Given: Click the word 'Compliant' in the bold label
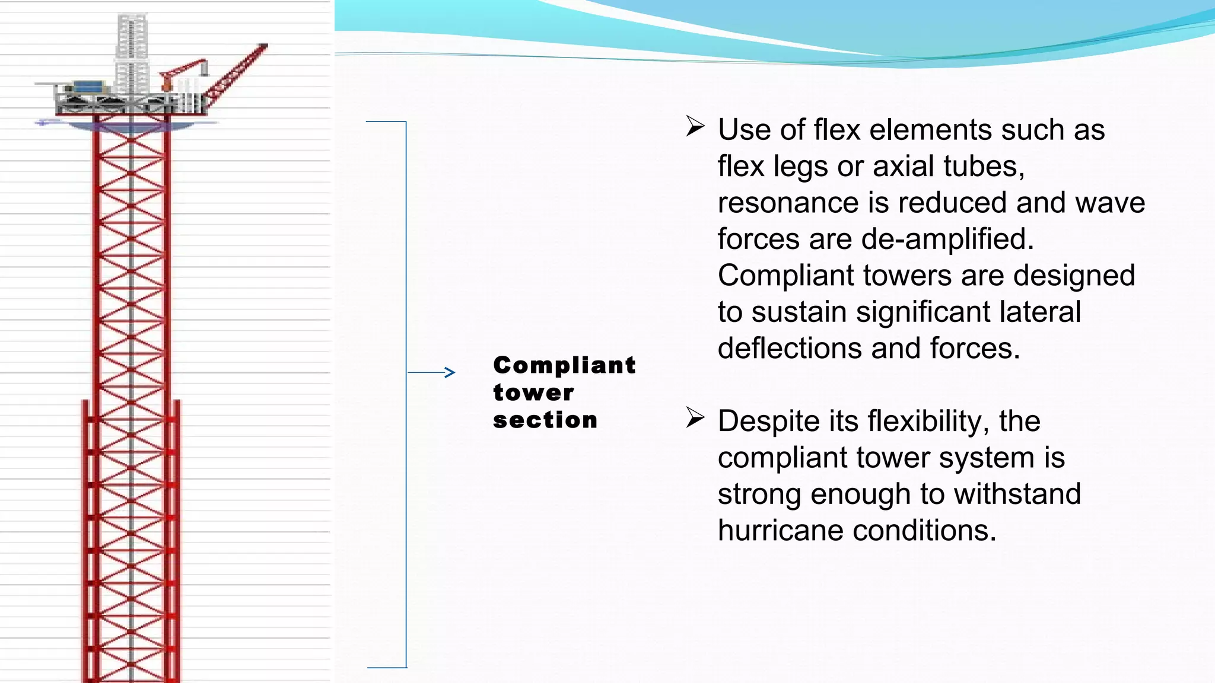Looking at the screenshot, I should point(564,366).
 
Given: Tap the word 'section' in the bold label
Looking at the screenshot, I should point(545,420).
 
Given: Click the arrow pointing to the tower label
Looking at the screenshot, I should point(432,372).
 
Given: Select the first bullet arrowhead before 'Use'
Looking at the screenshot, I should point(695,126).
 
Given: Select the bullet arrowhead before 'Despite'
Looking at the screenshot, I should point(695,417).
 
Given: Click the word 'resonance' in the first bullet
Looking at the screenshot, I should point(788,203).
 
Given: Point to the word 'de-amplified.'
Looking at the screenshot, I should point(947,239).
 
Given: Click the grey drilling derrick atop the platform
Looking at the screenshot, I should point(132,53).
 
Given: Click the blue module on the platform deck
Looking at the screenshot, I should point(87,87).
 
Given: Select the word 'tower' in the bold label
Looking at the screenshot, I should point(533,393).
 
